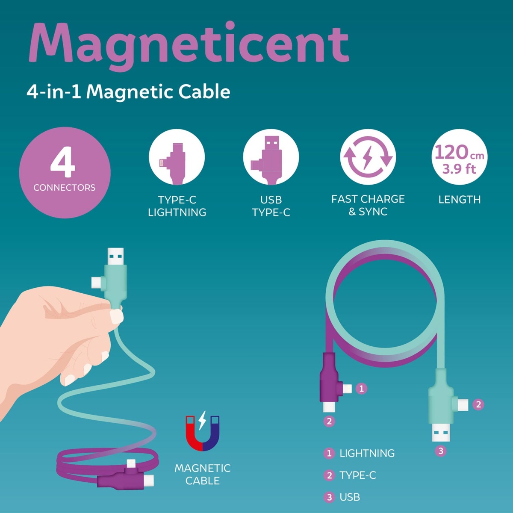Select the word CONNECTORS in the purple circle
[x=65, y=188]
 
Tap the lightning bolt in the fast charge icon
[x=368, y=157]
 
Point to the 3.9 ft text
[x=459, y=169]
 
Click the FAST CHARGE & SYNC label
[x=368, y=205]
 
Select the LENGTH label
[x=460, y=200]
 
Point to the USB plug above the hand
[x=115, y=256]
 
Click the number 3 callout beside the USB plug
[x=441, y=451]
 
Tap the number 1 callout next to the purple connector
[x=361, y=389]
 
